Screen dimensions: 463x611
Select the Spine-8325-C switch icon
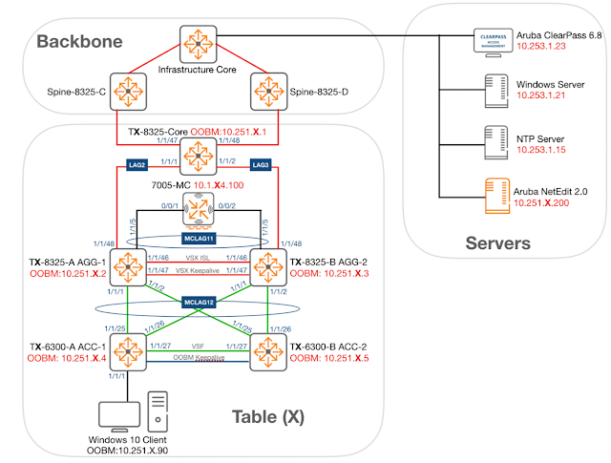pos(126,91)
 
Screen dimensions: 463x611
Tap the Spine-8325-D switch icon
pos(267,91)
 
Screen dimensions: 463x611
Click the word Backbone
pos(81,41)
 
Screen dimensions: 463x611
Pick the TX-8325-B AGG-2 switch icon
pos(267,264)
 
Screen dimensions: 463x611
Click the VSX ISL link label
pos(197,258)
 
